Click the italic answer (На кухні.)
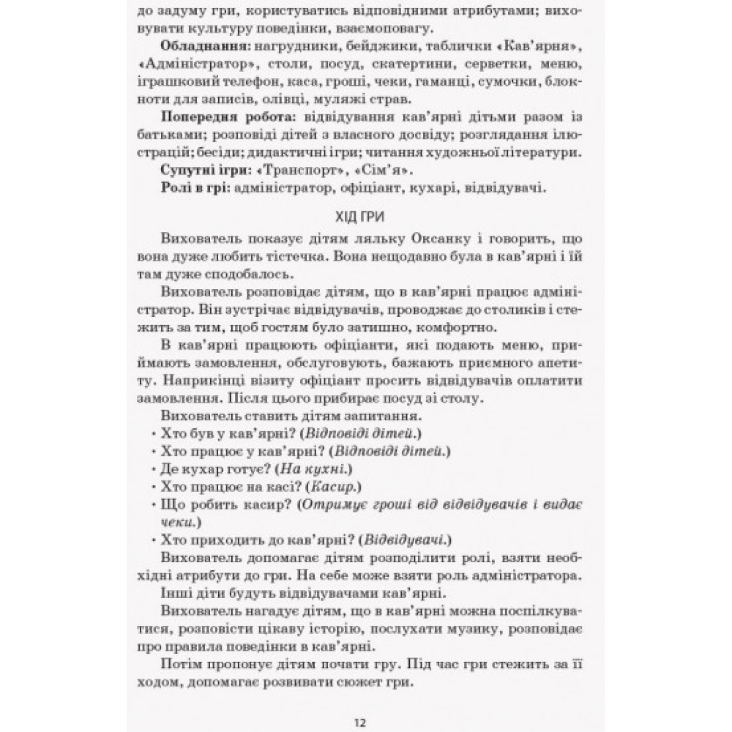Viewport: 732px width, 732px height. pos(315,469)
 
